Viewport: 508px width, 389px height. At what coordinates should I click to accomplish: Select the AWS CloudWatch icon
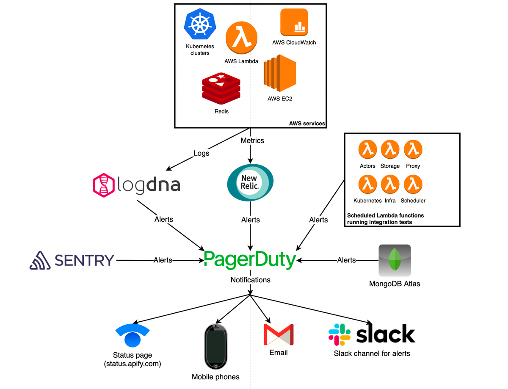(x=294, y=22)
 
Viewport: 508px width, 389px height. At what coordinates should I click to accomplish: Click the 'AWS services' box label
(x=307, y=124)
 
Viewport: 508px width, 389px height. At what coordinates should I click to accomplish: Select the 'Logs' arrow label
(x=201, y=153)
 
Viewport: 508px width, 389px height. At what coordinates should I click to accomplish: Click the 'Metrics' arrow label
(x=252, y=140)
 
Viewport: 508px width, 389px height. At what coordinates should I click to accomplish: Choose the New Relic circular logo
(x=251, y=182)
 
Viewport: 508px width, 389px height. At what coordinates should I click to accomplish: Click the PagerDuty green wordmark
(x=250, y=260)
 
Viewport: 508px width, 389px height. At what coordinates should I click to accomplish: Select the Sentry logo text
(x=84, y=260)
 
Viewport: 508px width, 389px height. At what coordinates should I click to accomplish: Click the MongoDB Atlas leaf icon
(x=395, y=260)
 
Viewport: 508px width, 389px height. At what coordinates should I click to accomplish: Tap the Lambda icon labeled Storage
(x=390, y=149)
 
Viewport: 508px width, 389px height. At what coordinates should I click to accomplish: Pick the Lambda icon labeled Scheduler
(x=413, y=184)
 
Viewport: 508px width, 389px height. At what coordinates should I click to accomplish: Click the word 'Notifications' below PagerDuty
(x=251, y=280)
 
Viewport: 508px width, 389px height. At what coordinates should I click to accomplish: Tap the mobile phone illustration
(x=215, y=346)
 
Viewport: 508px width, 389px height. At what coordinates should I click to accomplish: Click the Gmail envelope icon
(x=278, y=334)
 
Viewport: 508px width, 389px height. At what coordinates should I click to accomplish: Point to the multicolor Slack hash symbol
(x=340, y=334)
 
